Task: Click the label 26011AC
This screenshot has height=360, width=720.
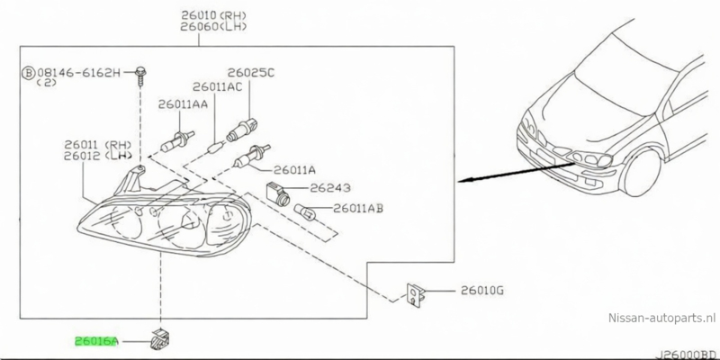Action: click(216, 86)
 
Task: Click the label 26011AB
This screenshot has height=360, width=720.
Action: click(358, 208)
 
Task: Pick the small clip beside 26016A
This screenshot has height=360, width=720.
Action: click(163, 340)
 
